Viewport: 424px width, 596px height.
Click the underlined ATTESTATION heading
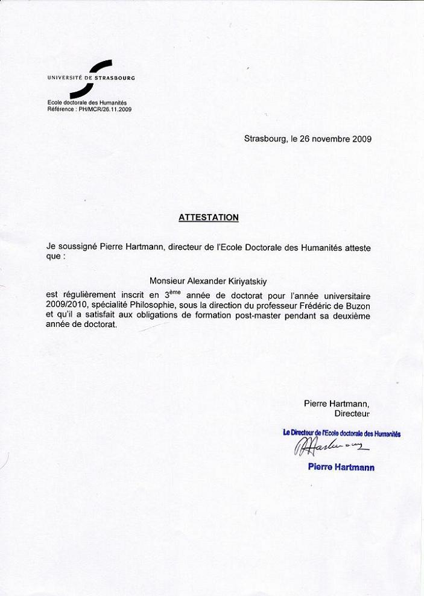(208, 217)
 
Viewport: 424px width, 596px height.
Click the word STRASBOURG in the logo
(115, 78)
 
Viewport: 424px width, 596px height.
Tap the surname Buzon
(358, 305)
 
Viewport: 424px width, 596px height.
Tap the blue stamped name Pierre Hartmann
(341, 467)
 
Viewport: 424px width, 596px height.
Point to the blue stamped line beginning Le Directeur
(342, 433)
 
